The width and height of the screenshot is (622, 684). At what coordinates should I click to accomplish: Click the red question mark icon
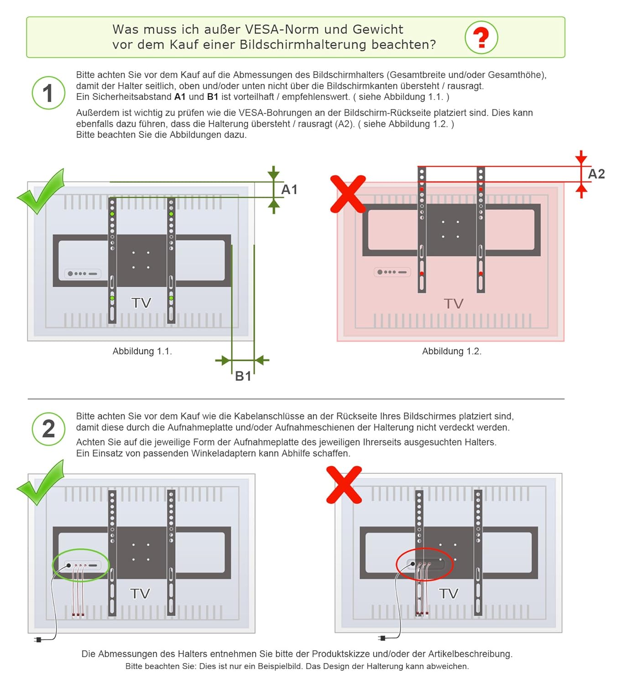tap(481, 37)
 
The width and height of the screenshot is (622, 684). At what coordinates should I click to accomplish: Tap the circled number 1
tap(48, 93)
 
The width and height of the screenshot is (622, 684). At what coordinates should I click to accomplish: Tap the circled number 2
tap(48, 429)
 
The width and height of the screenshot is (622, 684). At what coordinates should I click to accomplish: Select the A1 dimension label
tap(289, 189)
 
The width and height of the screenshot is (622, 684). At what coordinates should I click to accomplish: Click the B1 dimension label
tap(243, 376)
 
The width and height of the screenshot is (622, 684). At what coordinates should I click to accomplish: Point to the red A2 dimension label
tap(596, 174)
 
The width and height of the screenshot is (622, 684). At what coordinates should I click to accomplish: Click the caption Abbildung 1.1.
tap(142, 351)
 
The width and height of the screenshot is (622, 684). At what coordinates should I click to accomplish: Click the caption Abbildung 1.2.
tap(451, 351)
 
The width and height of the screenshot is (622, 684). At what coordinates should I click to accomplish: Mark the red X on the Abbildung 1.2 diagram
tap(348, 194)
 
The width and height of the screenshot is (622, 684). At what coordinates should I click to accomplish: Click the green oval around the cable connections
tap(81, 565)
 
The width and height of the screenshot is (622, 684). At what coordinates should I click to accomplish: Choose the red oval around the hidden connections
tap(424, 564)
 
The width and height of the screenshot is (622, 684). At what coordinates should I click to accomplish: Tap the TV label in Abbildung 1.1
tap(141, 303)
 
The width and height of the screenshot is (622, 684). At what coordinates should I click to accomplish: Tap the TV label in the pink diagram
tap(453, 304)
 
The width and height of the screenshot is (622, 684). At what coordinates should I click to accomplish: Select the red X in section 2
tap(344, 485)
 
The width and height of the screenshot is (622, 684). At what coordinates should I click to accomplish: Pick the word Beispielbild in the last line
tap(279, 666)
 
